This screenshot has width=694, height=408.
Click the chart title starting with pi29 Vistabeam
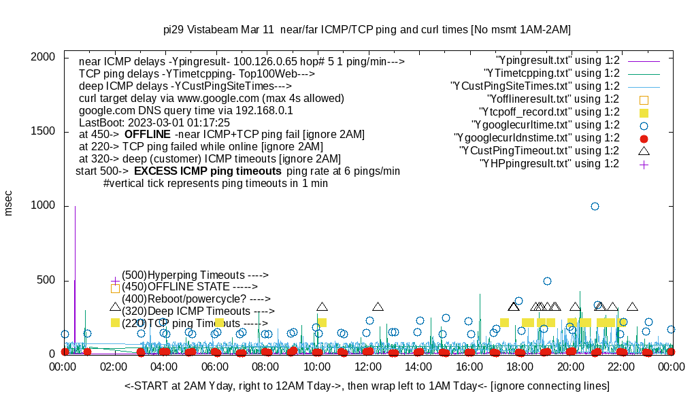click(367, 30)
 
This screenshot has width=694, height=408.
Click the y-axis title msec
click(9, 203)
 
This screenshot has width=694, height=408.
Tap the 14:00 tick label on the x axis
click(418, 367)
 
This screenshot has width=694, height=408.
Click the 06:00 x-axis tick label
click(215, 367)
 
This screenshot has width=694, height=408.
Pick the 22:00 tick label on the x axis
click(621, 367)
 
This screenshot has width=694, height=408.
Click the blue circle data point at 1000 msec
click(595, 206)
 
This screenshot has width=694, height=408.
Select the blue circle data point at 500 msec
click(547, 281)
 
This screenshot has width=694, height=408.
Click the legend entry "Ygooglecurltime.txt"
click(545, 125)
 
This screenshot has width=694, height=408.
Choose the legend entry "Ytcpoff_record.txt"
click(549, 112)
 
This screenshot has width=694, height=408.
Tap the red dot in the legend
click(644, 138)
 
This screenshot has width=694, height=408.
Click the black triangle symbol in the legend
click(644, 150)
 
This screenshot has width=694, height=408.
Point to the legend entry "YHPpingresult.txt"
click(549, 164)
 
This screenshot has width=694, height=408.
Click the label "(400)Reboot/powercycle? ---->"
click(196, 299)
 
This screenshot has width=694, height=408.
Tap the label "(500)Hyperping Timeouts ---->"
click(195, 275)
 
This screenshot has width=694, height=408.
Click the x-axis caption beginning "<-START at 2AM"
click(367, 386)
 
